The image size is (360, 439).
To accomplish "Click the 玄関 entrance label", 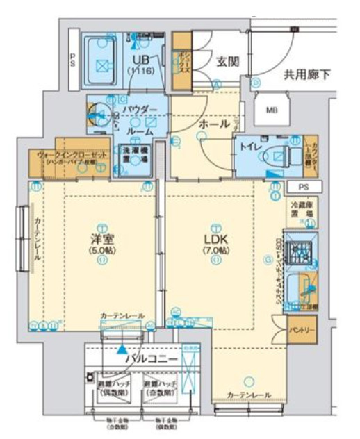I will pyautogui.click(x=228, y=61).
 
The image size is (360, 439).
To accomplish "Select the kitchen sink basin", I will pyautogui.click(x=304, y=289).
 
